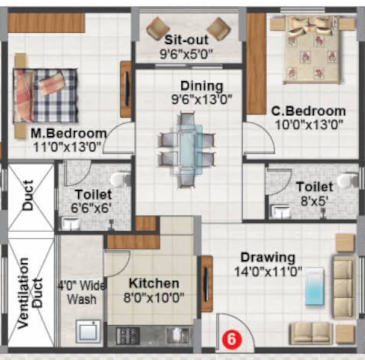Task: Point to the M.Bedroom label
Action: (68, 134)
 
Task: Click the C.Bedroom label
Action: (309, 112)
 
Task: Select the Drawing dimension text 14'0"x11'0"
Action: (268, 271)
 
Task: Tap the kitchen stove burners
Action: (128, 335)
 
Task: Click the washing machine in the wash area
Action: (89, 331)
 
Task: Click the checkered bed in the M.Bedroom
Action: (46, 96)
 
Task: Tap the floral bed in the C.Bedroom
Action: (313, 49)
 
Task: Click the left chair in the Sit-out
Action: (158, 28)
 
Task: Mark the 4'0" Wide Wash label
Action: (82, 292)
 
